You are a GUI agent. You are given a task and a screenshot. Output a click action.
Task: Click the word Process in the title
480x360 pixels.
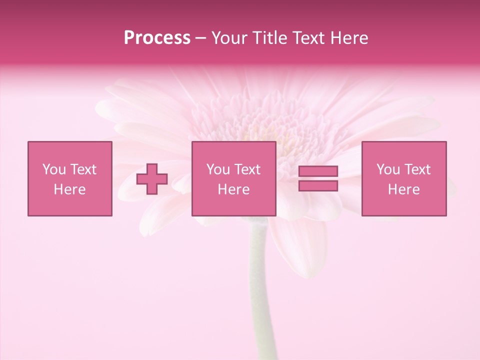(157, 38)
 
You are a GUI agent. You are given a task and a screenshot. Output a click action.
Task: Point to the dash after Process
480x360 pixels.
(200, 38)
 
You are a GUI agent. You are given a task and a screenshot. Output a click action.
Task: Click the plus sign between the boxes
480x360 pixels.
(152, 179)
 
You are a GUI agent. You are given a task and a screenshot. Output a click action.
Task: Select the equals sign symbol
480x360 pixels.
(318, 178)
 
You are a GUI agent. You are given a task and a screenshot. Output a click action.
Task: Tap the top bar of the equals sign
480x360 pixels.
(318, 171)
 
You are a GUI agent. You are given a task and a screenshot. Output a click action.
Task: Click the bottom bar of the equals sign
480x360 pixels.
(318, 185)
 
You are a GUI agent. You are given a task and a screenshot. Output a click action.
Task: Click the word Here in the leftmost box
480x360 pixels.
(70, 189)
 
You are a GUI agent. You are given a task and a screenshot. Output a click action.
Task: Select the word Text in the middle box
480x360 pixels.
(247, 169)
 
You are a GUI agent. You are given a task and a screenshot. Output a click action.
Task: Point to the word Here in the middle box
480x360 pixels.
(233, 189)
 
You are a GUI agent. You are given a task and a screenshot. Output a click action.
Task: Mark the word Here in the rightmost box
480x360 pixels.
(404, 189)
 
